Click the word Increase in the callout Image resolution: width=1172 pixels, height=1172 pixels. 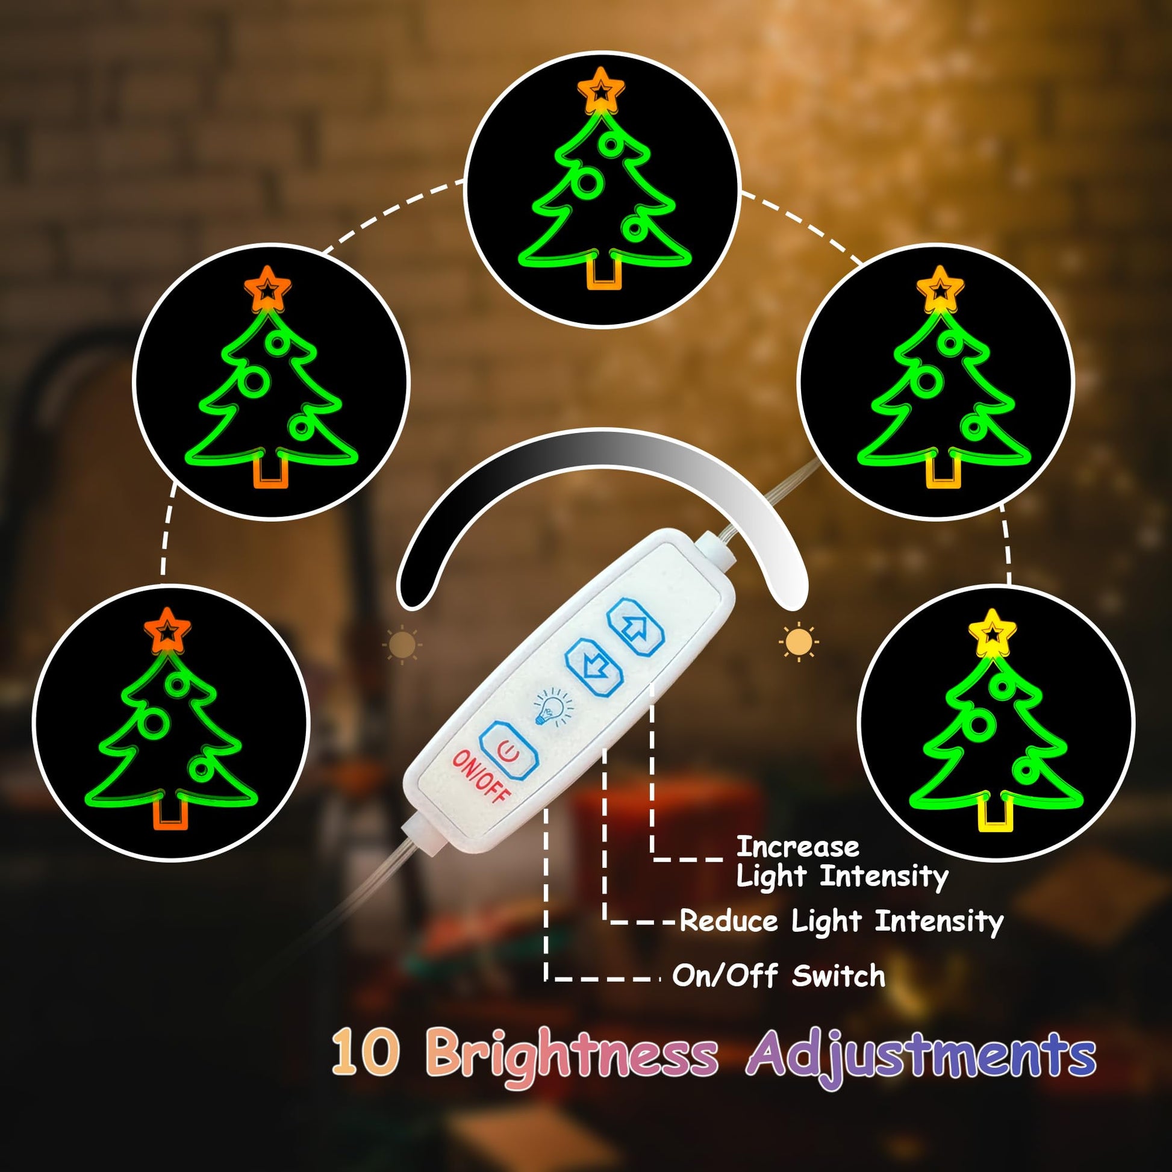[797, 846]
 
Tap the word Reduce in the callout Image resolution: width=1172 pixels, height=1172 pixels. [728, 920]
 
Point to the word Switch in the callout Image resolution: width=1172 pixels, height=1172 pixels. [838, 976]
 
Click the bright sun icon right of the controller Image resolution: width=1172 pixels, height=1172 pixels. [799, 641]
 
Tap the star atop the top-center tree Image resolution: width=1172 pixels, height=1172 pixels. [600, 90]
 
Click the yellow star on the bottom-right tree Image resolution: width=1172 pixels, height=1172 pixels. [992, 634]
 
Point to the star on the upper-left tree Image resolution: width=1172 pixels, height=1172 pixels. [267, 289]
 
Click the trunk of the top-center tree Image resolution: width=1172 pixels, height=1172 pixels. [604, 271]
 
